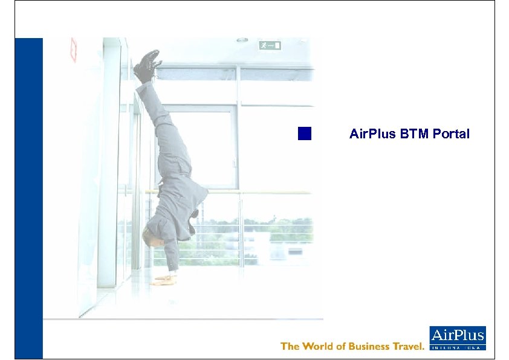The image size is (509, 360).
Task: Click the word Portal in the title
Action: point(451,134)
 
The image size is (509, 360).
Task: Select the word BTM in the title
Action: point(415,134)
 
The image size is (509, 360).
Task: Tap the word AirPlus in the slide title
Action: point(372,134)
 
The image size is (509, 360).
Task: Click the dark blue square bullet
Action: point(305,133)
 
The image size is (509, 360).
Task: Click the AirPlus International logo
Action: point(457,338)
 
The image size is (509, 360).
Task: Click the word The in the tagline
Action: point(290,346)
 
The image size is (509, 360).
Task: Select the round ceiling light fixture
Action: point(242,40)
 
